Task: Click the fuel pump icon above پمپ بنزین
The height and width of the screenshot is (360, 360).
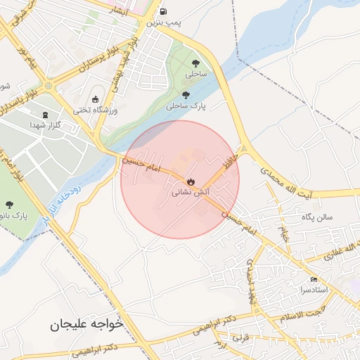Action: coord(164,11)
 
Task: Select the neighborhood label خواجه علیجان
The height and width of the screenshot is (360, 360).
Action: coord(86,325)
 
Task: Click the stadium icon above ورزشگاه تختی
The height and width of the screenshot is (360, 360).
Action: coord(96,99)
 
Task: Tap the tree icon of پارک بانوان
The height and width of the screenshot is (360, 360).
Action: coord(9,205)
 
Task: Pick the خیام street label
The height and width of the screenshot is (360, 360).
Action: coord(284,233)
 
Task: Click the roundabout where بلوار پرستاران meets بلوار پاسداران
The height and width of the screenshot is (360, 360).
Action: coord(48,86)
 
